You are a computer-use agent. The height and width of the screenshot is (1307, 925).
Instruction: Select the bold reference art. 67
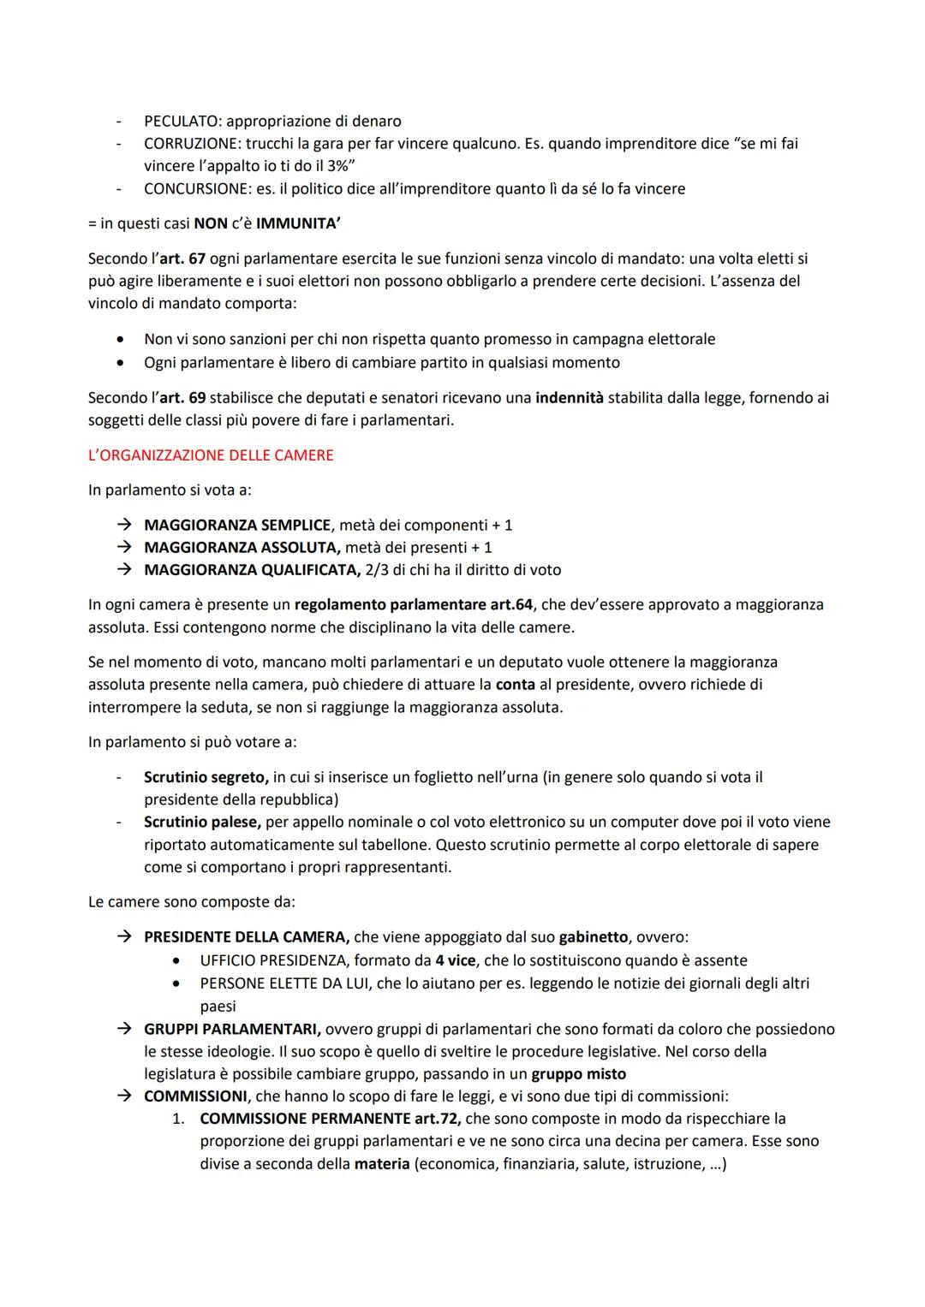[x=182, y=258]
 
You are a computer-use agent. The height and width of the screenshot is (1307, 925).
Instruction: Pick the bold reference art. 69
[x=182, y=398]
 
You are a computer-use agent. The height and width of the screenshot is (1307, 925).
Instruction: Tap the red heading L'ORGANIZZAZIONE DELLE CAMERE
[x=211, y=455]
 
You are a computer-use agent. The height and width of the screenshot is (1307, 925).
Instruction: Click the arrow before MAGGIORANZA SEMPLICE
[x=125, y=525]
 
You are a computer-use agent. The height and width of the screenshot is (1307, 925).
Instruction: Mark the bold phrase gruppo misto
[x=579, y=1074]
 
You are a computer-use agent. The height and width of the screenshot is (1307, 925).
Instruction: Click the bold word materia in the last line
[x=382, y=1165]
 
